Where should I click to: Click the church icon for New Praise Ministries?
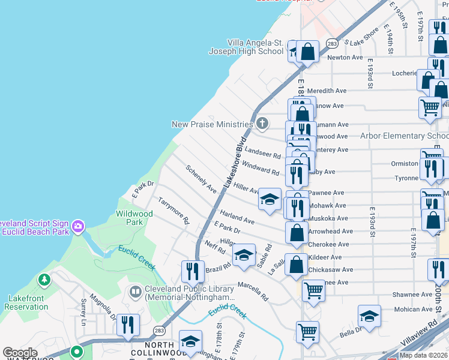pyautogui.click(x=262, y=124)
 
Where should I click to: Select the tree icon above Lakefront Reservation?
pyautogui.click(x=44, y=280)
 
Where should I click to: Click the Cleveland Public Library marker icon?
pyautogui.click(x=135, y=292)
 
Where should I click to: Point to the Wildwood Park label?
pyautogui.click(x=134, y=217)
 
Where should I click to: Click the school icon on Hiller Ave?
pyautogui.click(x=270, y=199)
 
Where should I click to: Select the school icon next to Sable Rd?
pyautogui.click(x=244, y=255)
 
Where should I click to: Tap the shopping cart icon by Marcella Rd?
pyautogui.click(x=313, y=291)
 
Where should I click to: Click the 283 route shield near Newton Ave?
pyautogui.click(x=331, y=44)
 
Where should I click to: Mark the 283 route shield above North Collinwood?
pyautogui.click(x=159, y=331)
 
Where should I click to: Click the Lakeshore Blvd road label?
pyautogui.click(x=234, y=166)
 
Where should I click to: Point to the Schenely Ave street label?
pyautogui.click(x=201, y=179)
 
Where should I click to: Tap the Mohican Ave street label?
pyautogui.click(x=414, y=310)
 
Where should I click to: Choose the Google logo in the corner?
pyautogui.click(x=20, y=353)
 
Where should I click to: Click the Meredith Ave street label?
pyautogui.click(x=327, y=91)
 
